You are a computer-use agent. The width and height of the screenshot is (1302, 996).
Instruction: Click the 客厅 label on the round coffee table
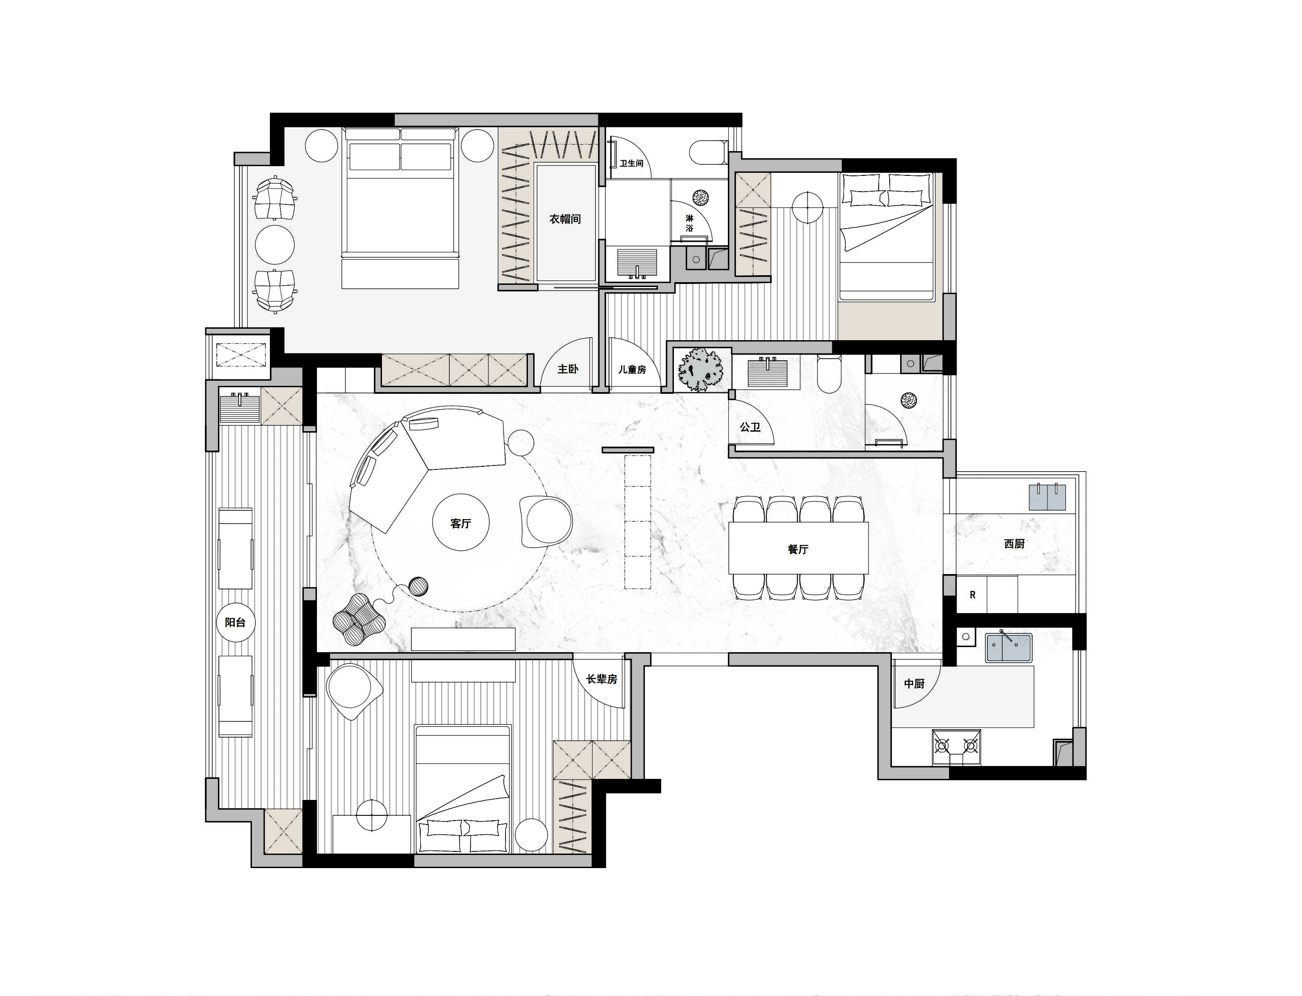461,523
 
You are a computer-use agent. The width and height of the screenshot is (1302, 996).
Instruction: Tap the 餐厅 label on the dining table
798,549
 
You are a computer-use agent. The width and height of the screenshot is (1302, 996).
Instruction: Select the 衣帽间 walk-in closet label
565,219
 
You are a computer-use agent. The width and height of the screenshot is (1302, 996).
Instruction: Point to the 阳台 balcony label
235,622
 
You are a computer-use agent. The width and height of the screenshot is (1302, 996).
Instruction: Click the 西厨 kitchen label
1015,543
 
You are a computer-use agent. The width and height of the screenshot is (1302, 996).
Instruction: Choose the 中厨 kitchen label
914,683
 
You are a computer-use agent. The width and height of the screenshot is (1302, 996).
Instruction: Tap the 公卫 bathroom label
750,427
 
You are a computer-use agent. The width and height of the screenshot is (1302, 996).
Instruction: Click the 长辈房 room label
602,679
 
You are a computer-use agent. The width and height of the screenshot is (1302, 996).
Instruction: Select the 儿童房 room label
632,369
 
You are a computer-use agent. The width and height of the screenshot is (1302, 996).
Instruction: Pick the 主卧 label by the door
567,369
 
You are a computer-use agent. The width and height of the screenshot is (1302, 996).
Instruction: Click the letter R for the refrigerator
972,595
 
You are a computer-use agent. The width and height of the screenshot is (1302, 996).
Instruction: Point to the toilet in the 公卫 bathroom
828,373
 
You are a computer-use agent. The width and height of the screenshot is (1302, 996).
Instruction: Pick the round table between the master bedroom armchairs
275,244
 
